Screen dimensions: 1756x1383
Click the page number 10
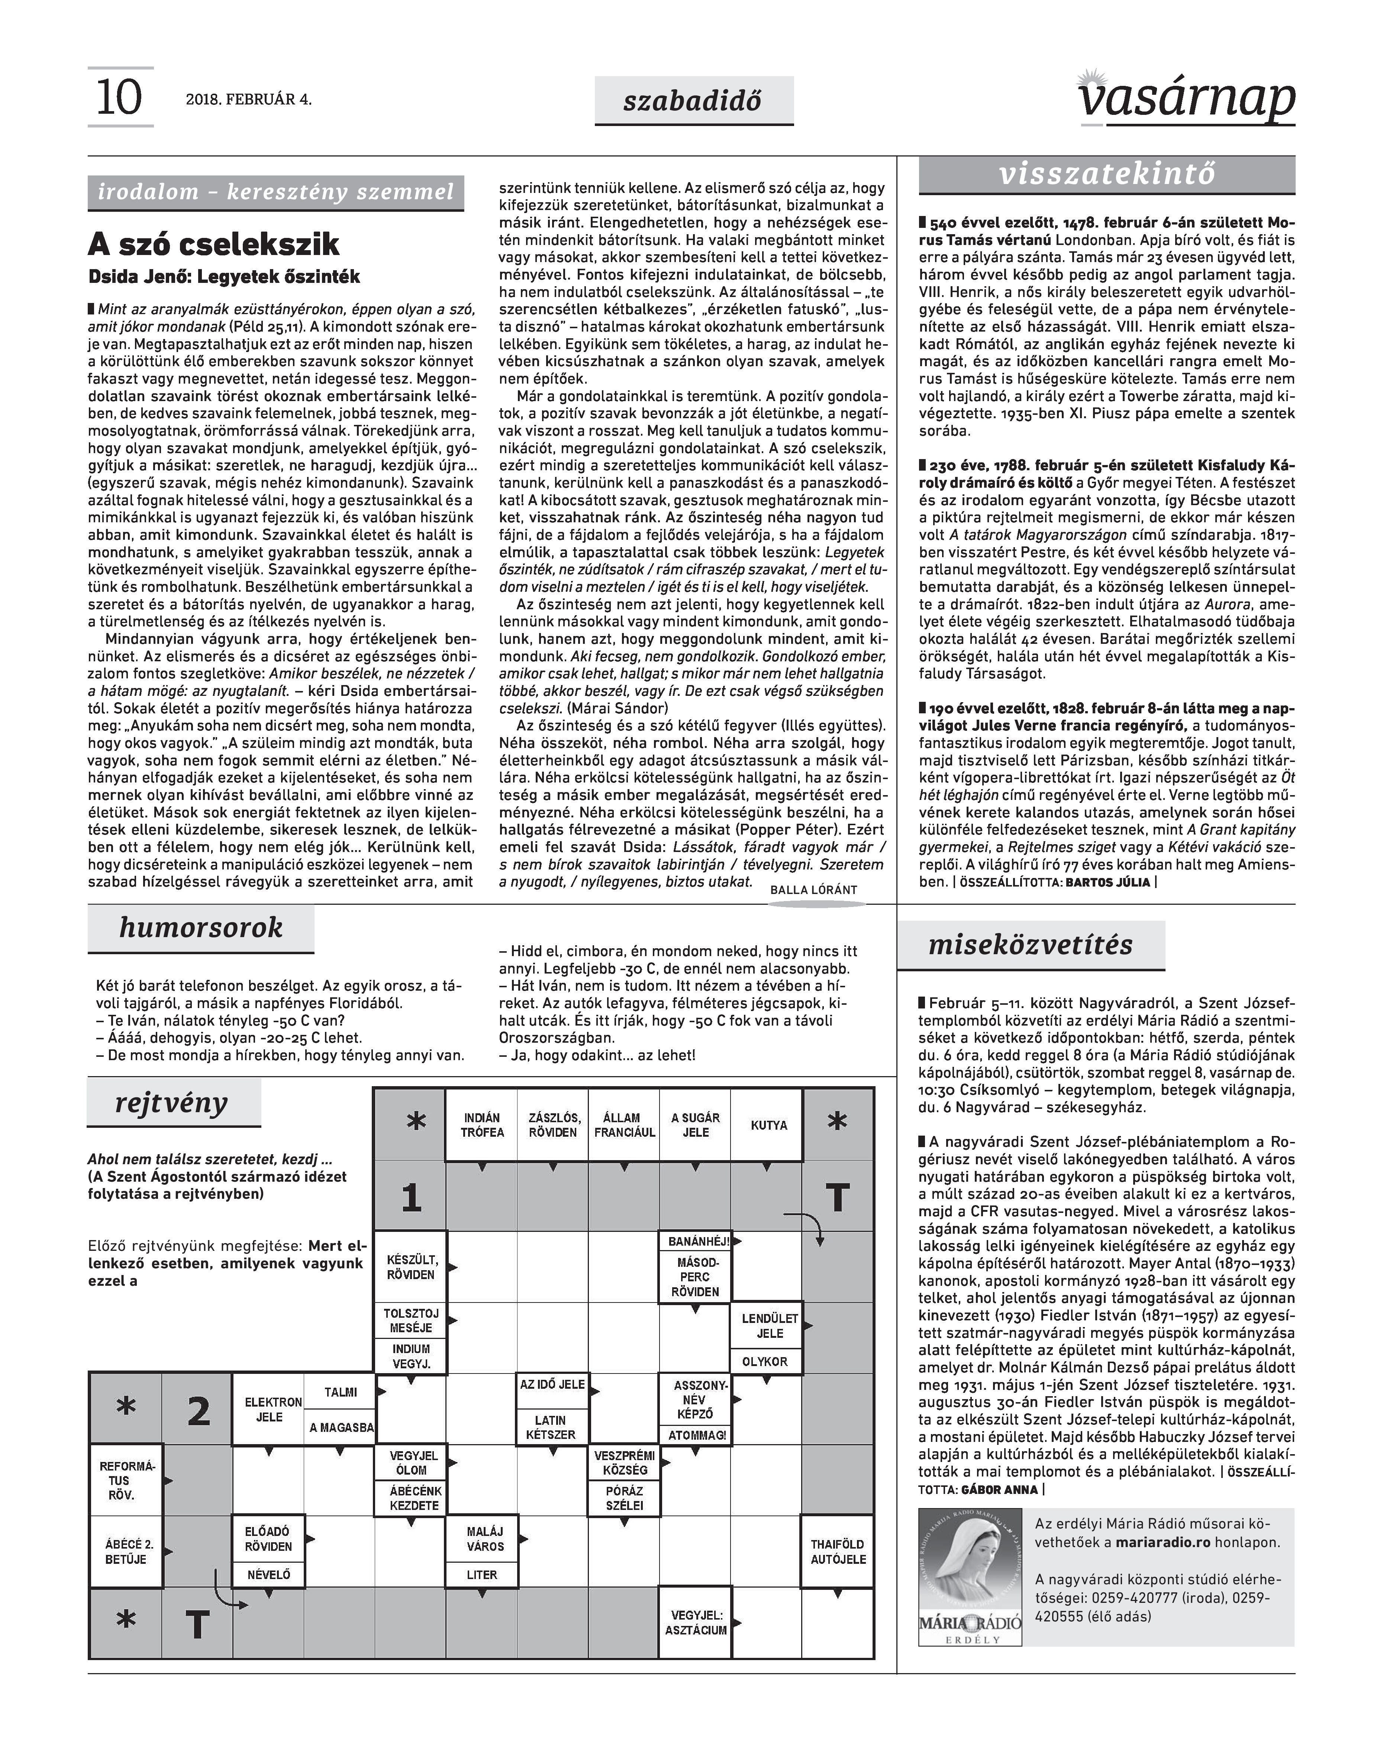[119, 98]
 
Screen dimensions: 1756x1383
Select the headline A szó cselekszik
[214, 244]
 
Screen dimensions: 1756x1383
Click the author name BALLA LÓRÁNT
[813, 890]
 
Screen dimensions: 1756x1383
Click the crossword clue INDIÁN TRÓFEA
[482, 1125]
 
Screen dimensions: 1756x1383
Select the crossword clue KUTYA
[768, 1125]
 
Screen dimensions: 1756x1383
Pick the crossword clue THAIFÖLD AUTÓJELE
[838, 1551]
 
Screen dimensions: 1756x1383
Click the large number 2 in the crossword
[199, 1411]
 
